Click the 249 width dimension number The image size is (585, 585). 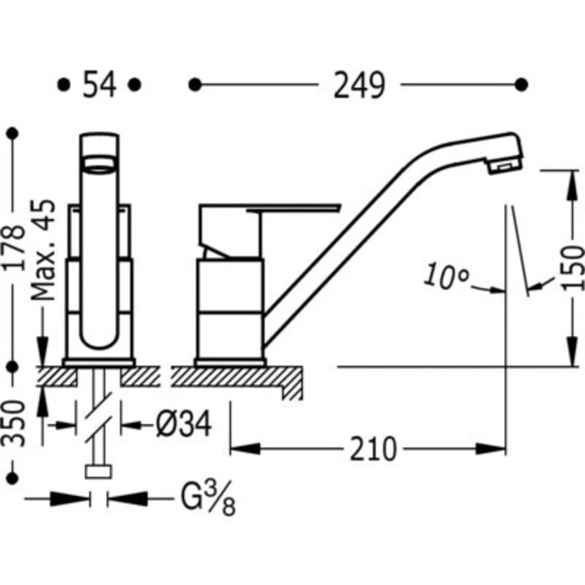coord(359,85)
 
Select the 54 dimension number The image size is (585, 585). coord(99,84)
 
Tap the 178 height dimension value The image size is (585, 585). coord(14,248)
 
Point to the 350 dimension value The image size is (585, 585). coord(14,422)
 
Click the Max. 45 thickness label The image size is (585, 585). coord(43,250)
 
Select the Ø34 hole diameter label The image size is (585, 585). coord(183,424)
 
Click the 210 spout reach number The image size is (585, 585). coord(373,449)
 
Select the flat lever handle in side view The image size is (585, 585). coord(293,207)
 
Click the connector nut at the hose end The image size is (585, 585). coord(99,472)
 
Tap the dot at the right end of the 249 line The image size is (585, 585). coord(521,84)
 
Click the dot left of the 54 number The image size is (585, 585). coord(64,84)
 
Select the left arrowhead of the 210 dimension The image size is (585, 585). coord(245,448)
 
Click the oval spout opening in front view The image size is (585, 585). coord(99,164)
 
